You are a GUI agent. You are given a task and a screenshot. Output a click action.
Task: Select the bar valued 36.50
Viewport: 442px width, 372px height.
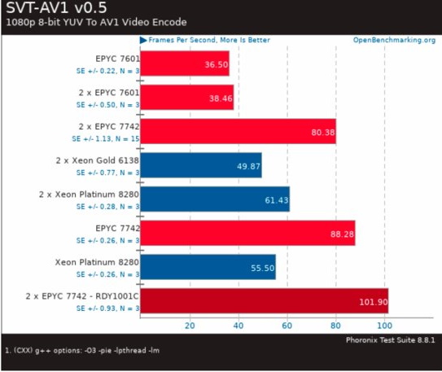(x=185, y=63)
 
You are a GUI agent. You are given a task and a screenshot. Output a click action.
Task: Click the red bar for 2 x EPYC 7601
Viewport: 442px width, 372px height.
(x=187, y=97)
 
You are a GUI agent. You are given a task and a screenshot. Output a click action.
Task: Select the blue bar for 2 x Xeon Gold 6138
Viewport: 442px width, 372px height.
(x=201, y=164)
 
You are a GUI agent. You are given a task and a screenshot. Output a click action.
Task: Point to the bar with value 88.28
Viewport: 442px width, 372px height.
(x=247, y=233)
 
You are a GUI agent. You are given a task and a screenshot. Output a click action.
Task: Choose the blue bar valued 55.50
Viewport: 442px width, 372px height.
(x=208, y=267)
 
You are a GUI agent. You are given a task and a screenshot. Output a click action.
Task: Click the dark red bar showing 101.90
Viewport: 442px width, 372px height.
(x=264, y=301)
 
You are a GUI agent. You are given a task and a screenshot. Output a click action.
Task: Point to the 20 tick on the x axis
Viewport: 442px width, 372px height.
(x=190, y=326)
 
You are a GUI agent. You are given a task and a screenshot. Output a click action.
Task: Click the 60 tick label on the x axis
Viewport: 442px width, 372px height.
(x=287, y=326)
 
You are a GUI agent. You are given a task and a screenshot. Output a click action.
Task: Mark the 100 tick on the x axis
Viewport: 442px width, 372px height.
(x=384, y=326)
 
